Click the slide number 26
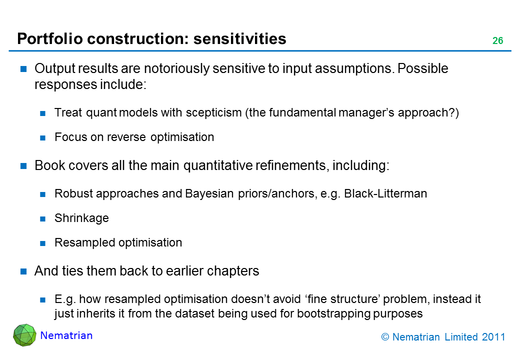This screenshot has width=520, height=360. [x=497, y=40]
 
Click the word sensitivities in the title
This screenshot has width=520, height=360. [x=240, y=38]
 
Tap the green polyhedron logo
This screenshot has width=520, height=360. [x=24, y=335]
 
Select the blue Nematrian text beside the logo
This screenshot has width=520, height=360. [x=66, y=335]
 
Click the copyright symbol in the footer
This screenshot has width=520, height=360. [x=385, y=337]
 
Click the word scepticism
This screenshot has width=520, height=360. [x=213, y=112]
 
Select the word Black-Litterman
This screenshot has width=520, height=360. [x=385, y=193]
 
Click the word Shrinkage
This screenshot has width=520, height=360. [x=81, y=218]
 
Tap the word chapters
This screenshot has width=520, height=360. [x=233, y=271]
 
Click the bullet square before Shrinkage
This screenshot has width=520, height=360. [x=42, y=219]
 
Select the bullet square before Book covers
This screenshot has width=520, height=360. [x=23, y=165]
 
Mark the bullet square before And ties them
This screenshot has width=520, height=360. [x=23, y=271]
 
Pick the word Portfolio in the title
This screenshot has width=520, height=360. [x=50, y=38]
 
